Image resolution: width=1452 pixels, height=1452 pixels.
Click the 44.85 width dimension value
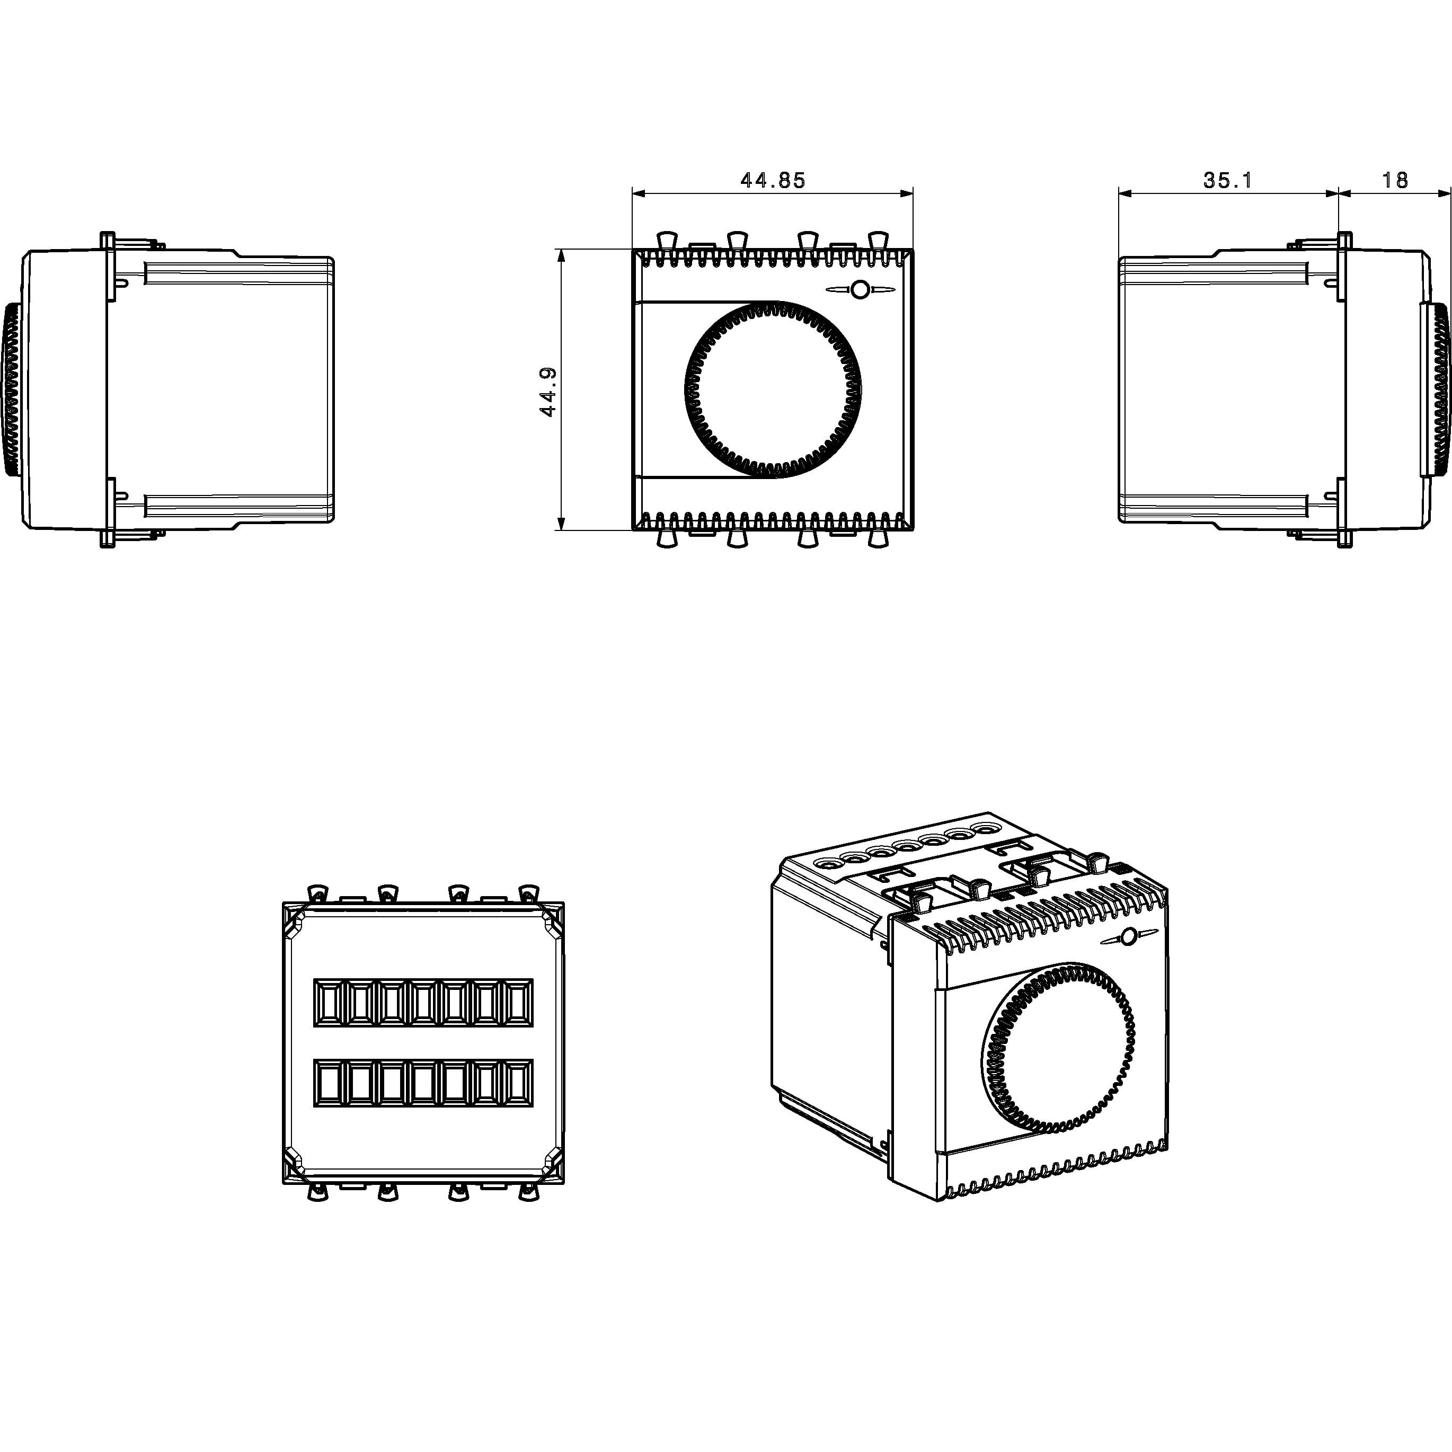(x=773, y=180)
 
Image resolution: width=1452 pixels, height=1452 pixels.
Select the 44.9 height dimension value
(x=548, y=391)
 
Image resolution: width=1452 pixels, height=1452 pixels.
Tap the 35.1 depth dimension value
(x=1228, y=180)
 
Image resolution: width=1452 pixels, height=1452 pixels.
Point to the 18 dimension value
(x=1394, y=180)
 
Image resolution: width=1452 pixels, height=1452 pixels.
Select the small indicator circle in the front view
(x=861, y=289)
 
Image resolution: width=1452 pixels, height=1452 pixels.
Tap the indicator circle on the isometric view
(x=1128, y=937)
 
